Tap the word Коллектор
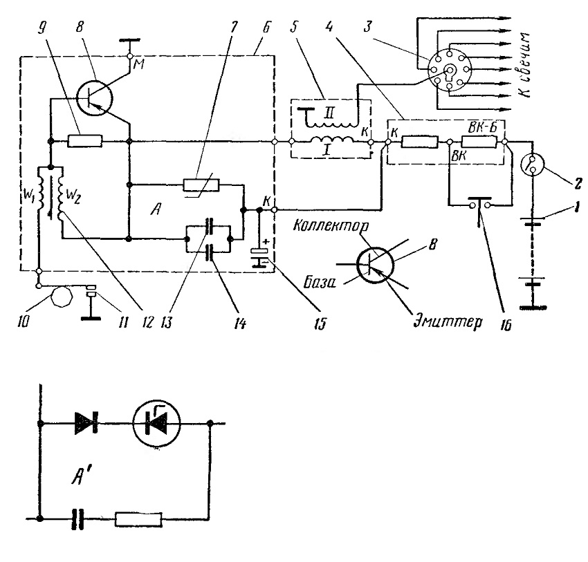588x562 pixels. pos(331,225)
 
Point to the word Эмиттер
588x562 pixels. pos(448,321)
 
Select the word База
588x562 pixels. pos(319,283)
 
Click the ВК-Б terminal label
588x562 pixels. pos(483,127)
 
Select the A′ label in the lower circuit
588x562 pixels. pos(81,476)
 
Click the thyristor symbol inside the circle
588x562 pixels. pos(157,423)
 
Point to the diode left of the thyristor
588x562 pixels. pos(86,423)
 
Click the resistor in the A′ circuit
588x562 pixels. pos(139,519)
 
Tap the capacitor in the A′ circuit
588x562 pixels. pos(79,519)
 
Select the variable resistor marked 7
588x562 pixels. pos(201,185)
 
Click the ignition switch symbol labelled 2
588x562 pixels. pos(533,165)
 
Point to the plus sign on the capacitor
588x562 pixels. pos(266,243)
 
